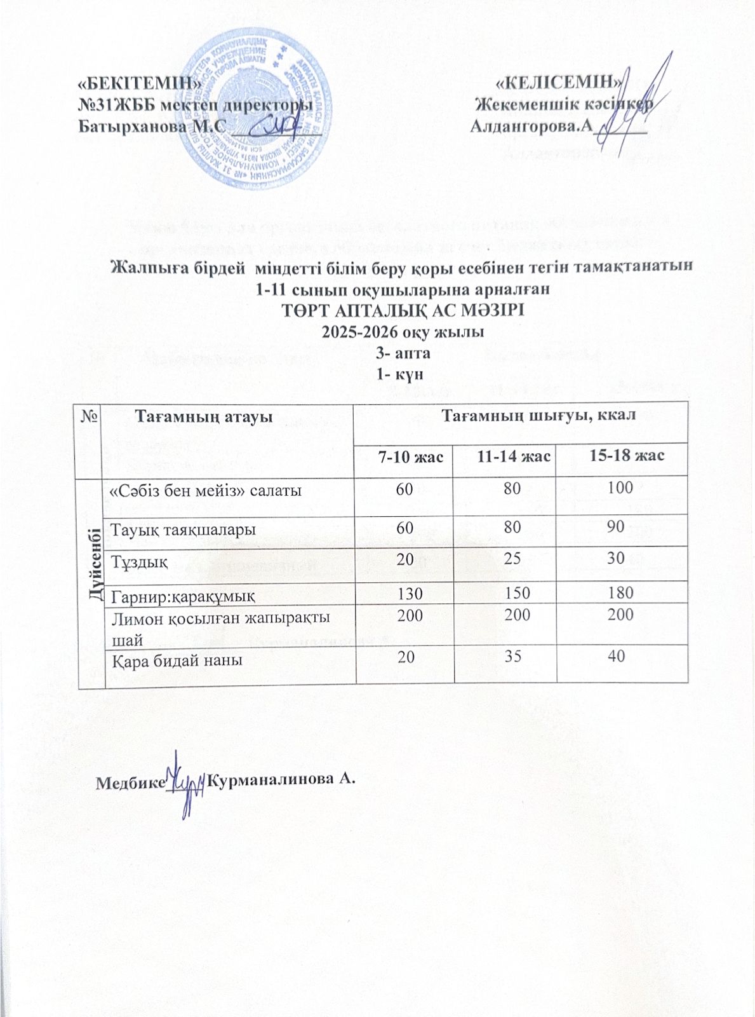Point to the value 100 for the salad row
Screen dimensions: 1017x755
(x=620, y=488)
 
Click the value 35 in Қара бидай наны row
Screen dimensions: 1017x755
(x=513, y=656)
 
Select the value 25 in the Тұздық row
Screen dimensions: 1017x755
(x=514, y=558)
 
